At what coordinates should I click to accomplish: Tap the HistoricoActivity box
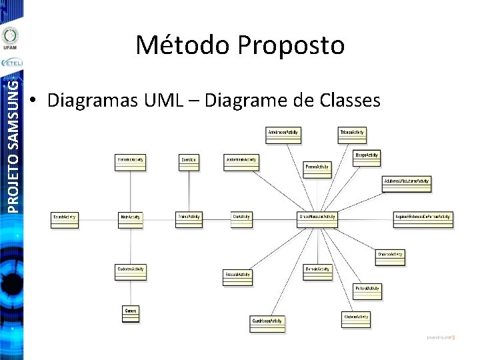tap(130, 162)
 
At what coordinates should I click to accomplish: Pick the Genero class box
tap(131, 313)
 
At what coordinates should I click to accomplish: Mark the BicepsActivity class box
tap(367, 157)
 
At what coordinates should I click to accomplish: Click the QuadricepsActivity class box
tap(267, 323)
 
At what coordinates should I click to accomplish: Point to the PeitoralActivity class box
tap(367, 291)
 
